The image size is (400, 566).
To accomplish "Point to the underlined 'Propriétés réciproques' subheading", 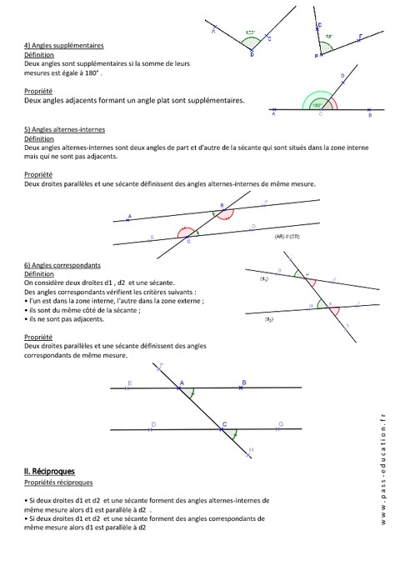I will [x=59, y=483].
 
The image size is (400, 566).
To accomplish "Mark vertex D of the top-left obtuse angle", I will [x=252, y=53].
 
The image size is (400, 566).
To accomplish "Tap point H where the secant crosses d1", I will [x=305, y=276].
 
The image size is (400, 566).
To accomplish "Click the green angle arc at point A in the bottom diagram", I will [x=192, y=392].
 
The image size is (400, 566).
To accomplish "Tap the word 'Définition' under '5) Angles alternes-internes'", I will [x=39, y=139].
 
